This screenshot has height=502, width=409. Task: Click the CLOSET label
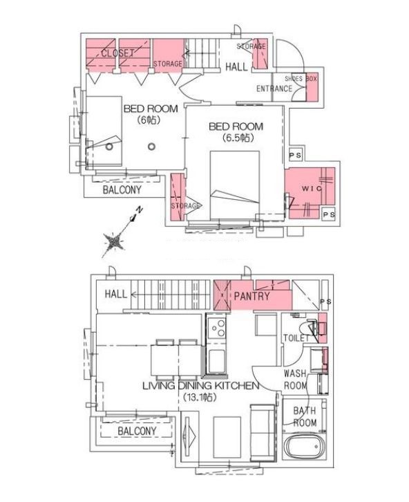(117, 53)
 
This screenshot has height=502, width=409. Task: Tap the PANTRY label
(251, 297)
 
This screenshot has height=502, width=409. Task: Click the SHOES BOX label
(301, 79)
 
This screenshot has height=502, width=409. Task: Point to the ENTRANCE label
(274, 89)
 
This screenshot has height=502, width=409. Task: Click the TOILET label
(294, 339)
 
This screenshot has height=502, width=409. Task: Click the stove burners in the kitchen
(216, 328)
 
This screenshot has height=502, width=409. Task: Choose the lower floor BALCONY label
(136, 431)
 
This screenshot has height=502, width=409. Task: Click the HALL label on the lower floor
(115, 294)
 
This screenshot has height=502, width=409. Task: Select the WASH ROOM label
(296, 378)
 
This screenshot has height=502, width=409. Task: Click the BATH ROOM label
(305, 416)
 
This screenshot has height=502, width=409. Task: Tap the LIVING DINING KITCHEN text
(200, 385)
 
